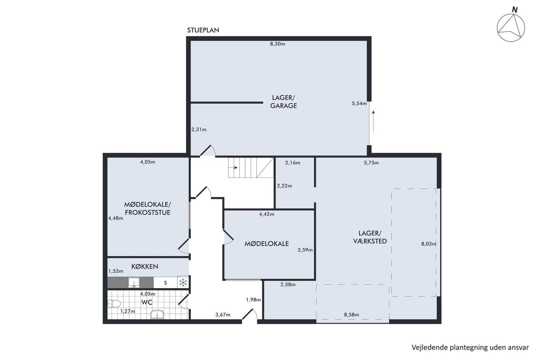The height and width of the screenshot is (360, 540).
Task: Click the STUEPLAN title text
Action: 203,30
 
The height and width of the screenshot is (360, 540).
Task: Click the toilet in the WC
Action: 114,304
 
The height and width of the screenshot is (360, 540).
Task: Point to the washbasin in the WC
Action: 157,314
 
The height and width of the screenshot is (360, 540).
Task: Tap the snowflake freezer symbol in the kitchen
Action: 183,282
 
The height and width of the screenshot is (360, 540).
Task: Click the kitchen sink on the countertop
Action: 134,282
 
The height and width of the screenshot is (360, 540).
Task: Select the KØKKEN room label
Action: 145,267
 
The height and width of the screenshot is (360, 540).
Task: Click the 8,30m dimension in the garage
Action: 277,44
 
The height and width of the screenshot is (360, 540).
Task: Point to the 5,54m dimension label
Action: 359,103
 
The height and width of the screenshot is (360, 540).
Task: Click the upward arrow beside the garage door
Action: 373,121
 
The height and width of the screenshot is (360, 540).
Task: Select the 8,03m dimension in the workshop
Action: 429,244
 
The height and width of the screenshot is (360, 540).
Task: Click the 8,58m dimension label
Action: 351,315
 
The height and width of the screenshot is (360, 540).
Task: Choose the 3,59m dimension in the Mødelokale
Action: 305,250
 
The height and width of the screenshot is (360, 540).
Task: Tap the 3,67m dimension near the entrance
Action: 223,315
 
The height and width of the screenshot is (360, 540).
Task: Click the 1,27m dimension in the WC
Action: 128,311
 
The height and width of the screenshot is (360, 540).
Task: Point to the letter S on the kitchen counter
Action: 165,283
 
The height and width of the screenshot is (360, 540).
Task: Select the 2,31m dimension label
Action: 199,130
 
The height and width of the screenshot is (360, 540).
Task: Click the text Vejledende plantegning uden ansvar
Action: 470,348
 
